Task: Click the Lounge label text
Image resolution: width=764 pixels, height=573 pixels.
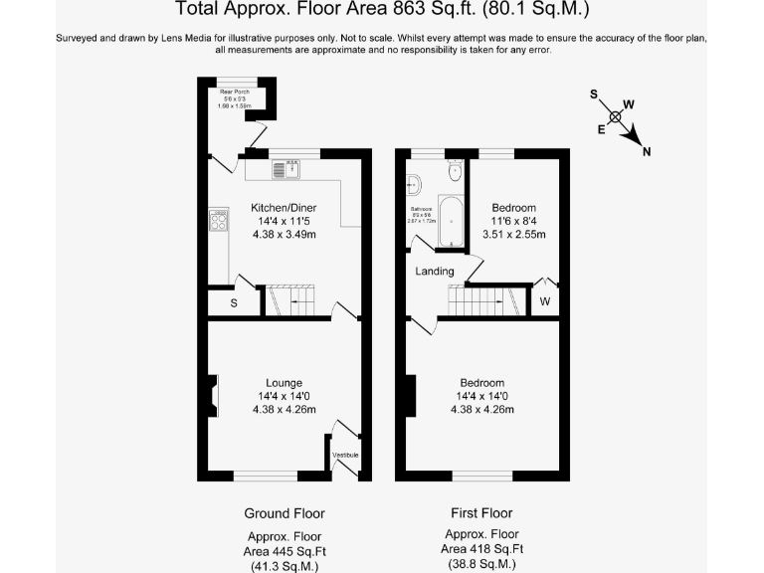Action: click(x=284, y=383)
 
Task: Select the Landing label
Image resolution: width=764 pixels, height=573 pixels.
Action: click(x=434, y=272)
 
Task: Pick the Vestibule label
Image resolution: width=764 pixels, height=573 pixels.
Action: click(x=345, y=456)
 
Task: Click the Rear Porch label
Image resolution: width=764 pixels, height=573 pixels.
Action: click(x=236, y=92)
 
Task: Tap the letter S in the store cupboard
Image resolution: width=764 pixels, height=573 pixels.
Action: click(x=234, y=303)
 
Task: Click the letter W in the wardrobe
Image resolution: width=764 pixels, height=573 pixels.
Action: click(x=545, y=302)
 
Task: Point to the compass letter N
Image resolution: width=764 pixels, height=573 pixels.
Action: click(x=647, y=152)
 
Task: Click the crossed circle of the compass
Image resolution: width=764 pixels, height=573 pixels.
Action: click(x=617, y=116)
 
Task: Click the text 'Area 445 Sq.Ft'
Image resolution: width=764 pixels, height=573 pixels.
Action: click(x=285, y=549)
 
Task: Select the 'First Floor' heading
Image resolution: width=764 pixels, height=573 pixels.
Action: click(x=481, y=513)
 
